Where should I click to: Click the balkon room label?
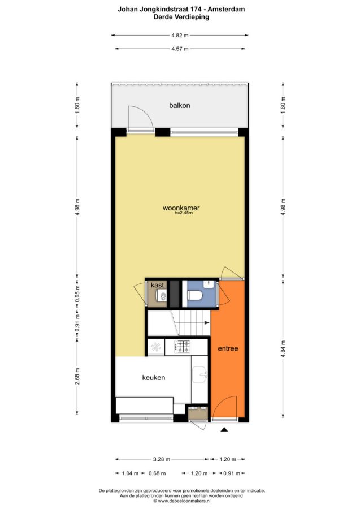point(179,106)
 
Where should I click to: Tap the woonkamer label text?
point(181,208)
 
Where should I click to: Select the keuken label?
point(153,378)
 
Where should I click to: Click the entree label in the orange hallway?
point(228,348)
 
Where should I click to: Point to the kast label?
point(157,285)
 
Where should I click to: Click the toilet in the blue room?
point(195,295)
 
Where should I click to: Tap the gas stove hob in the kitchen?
point(183,347)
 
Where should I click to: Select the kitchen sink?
point(200,375)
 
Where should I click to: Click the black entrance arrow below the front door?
point(224,430)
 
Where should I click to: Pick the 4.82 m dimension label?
point(180,36)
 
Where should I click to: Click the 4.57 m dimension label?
point(180,49)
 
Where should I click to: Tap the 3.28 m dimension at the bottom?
point(162,459)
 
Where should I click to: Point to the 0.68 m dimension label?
point(157,473)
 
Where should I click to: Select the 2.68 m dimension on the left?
point(77,377)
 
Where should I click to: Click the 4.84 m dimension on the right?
point(283,349)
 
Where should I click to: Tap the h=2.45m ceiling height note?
point(184,213)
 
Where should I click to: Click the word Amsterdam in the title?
point(226,10)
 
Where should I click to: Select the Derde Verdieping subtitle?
point(181,17)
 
